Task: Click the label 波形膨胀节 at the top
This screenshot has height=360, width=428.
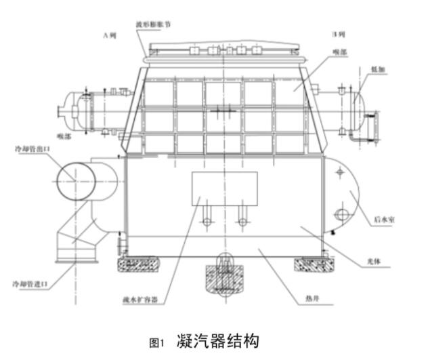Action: [153, 24]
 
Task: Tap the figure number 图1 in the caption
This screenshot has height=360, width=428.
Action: [157, 341]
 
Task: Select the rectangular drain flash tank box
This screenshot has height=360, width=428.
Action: [224, 189]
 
